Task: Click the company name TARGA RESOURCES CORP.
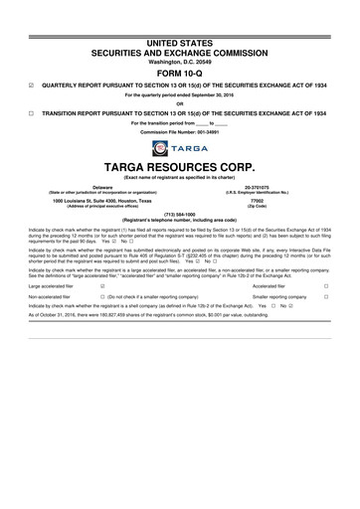(x=179, y=169)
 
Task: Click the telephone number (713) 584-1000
(x=179, y=214)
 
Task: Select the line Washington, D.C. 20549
(x=179, y=60)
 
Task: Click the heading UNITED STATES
(x=179, y=40)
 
